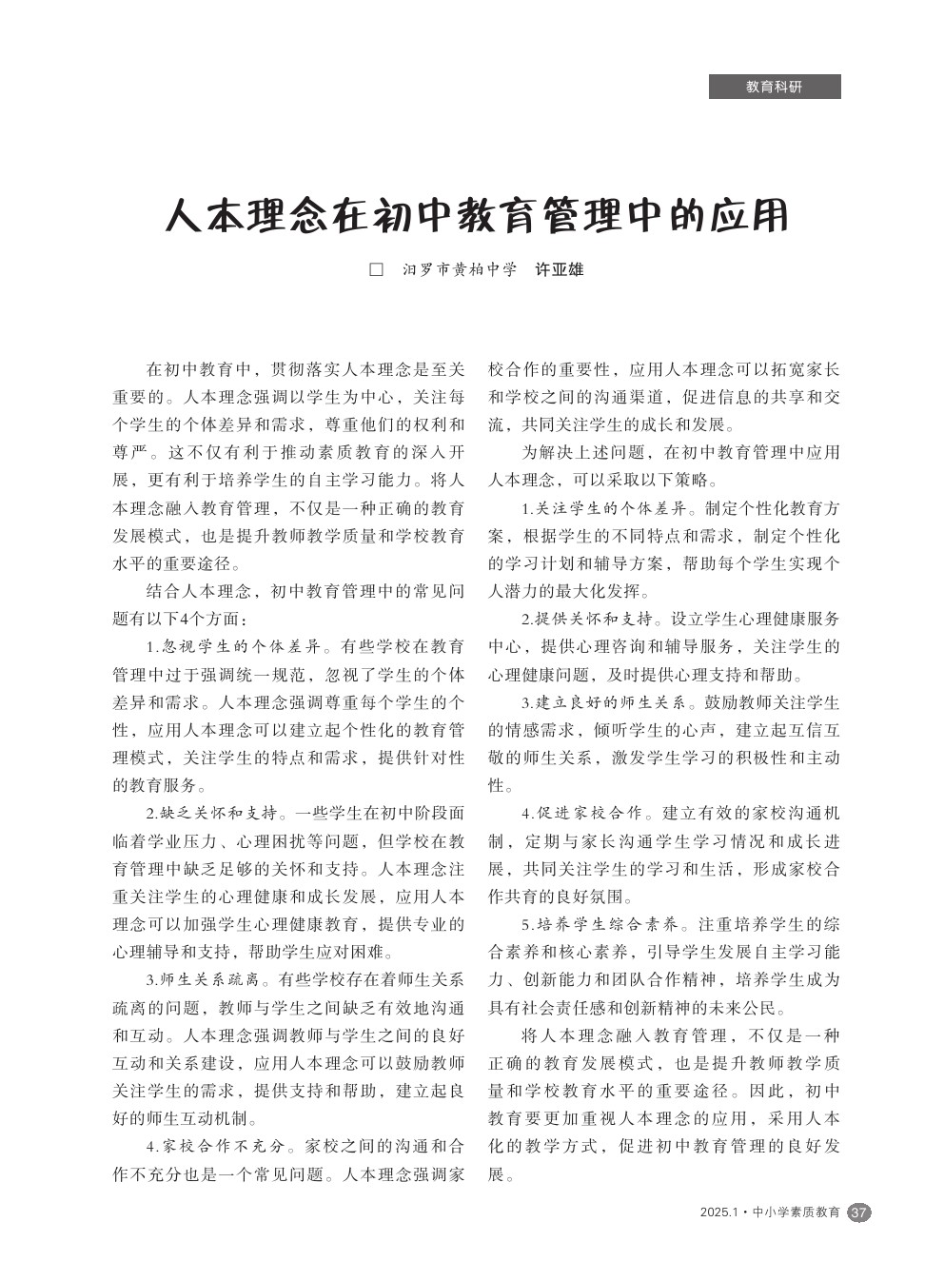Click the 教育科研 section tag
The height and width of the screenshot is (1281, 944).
point(774,87)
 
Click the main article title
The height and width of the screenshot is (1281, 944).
point(477,216)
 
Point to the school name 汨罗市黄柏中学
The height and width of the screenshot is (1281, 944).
point(459,269)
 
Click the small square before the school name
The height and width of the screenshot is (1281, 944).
point(376,269)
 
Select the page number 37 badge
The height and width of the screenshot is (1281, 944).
point(858,1212)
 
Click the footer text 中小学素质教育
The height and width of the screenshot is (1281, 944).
point(796,1212)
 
